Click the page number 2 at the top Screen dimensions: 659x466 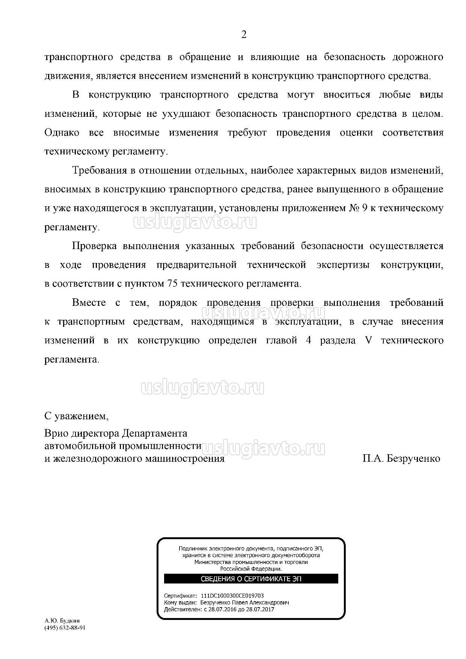(244, 35)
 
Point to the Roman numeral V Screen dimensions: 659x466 (368, 340)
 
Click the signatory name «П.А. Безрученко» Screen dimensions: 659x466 (401, 459)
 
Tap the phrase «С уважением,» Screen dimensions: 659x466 (77, 416)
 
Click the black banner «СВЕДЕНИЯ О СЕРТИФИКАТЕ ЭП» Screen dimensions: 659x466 (251, 579)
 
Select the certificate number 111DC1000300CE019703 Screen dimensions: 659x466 (232, 596)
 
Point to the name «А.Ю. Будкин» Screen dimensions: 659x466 (62, 621)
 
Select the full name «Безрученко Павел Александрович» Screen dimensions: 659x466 (245, 602)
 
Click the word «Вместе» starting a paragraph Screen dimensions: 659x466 (89, 302)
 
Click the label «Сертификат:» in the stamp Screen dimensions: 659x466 (180, 596)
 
